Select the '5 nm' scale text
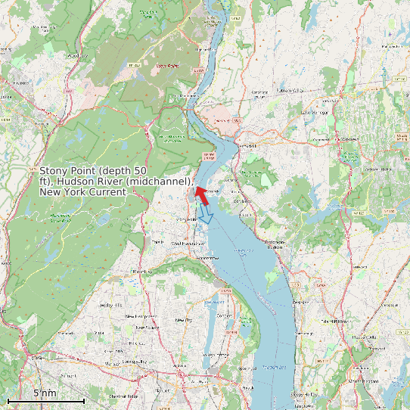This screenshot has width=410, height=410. [x=45, y=393]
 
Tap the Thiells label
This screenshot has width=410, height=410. [x=157, y=242]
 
